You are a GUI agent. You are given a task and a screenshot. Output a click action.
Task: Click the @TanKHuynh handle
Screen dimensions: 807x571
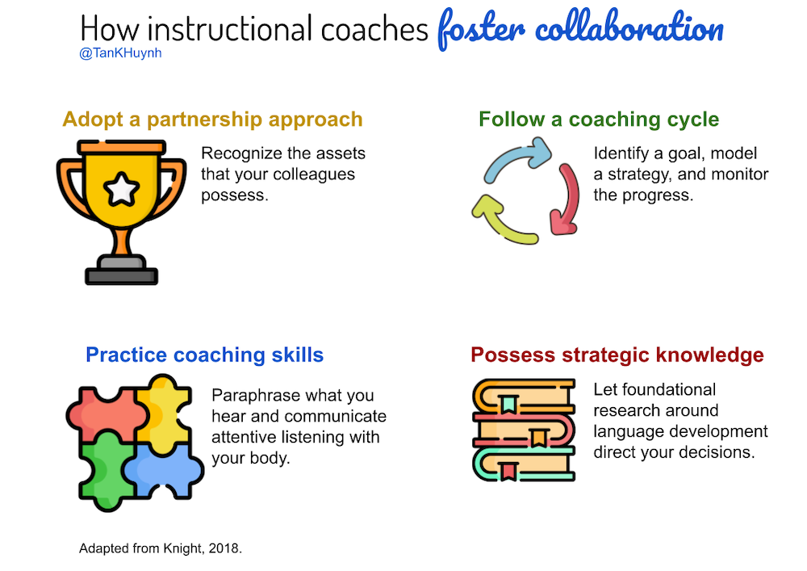pos(120,53)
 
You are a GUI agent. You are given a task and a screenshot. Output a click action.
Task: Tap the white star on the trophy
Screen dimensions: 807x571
pos(122,189)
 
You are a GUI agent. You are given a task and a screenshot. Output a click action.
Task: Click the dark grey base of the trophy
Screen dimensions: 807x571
pos(122,276)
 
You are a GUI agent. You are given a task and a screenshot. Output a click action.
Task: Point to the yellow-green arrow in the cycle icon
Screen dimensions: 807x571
pos(502,221)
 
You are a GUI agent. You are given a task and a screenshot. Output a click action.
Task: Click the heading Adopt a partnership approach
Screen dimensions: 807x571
pos(212,120)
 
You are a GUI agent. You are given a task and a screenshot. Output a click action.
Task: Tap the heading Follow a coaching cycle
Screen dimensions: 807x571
pos(599,120)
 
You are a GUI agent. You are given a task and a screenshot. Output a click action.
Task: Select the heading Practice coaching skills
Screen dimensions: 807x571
pos(204,355)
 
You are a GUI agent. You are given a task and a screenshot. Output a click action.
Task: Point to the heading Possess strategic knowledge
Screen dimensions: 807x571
pos(617,355)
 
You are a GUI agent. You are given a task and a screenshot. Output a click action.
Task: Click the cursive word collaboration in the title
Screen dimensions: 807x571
pos(629,28)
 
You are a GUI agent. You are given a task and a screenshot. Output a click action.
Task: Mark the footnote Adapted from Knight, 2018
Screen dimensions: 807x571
pos(161,548)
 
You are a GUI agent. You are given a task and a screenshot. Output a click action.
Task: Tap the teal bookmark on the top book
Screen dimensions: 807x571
pos(508,405)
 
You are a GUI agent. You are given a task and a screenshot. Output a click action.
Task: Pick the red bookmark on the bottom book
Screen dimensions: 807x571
pos(508,472)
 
